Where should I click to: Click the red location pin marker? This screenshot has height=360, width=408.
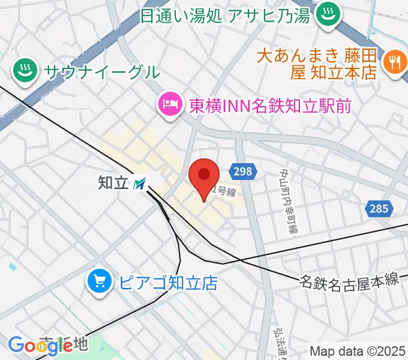(203, 176)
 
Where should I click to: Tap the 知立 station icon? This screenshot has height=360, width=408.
(139, 183)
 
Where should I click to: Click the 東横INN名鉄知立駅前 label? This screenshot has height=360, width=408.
(270, 106)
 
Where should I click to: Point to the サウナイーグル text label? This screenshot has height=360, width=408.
(101, 72)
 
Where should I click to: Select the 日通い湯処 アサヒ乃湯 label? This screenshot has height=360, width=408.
(225, 14)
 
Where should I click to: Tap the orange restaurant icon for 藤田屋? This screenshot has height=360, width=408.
(394, 62)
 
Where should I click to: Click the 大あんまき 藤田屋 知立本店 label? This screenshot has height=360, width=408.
(316, 64)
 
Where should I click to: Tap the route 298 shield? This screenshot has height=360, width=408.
(243, 172)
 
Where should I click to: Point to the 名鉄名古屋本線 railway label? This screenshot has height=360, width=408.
(349, 279)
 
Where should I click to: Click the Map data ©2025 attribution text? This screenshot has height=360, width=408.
(358, 352)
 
